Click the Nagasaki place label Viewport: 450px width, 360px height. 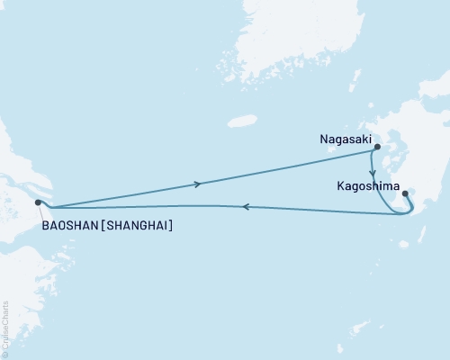(346, 139)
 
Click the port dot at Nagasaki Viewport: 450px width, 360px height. (377, 147)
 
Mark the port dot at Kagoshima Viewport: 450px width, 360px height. (405, 193)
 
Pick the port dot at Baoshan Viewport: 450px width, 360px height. (38, 202)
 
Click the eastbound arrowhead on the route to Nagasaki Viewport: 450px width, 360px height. (198, 184)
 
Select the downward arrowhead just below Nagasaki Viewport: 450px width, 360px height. (373, 171)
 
